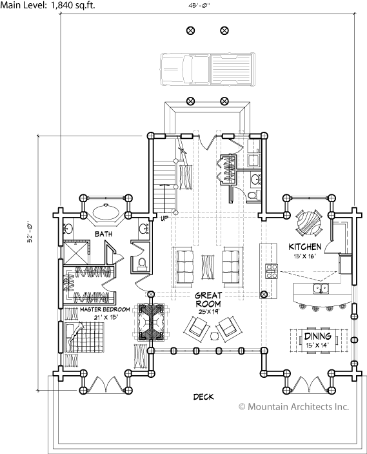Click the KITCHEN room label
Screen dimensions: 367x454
(x=305, y=247)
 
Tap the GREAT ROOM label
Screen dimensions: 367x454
(x=208, y=300)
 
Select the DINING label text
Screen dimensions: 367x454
(x=317, y=336)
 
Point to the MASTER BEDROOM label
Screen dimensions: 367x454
(x=105, y=309)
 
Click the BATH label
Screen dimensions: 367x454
(x=103, y=234)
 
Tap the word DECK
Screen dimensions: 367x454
(x=204, y=397)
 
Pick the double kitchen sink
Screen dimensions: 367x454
(x=321, y=289)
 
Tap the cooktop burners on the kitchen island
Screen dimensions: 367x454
(x=272, y=271)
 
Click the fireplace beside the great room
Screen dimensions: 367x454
(x=151, y=322)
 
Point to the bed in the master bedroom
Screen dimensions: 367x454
(x=85, y=338)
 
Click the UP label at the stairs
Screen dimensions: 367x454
(x=164, y=218)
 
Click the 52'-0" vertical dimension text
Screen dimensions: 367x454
(x=31, y=232)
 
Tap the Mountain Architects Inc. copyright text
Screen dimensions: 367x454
(x=293, y=406)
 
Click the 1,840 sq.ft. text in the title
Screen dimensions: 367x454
(x=73, y=5)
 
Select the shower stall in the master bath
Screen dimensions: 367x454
(x=75, y=253)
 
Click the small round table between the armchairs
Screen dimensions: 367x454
(x=215, y=336)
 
